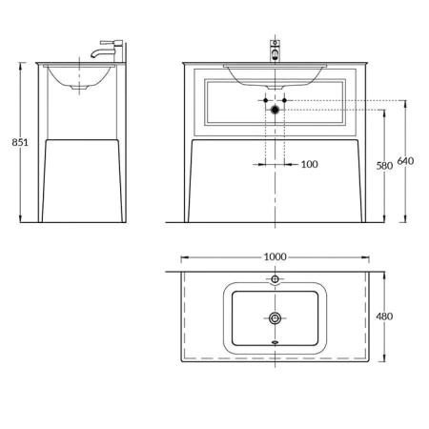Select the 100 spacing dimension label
point(309,165)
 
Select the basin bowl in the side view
point(81,78)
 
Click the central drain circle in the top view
point(275,317)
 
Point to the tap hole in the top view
point(275,279)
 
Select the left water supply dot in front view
point(262,99)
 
